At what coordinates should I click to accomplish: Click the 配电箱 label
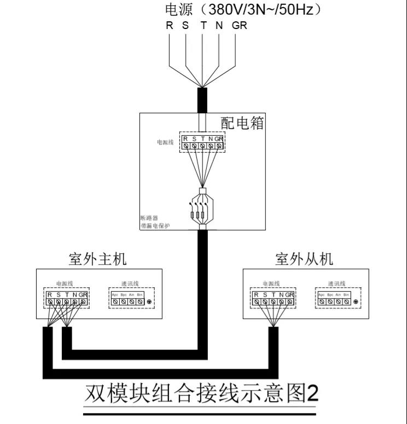pyautogui.click(x=242, y=123)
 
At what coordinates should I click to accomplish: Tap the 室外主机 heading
pyautogui.click(x=98, y=259)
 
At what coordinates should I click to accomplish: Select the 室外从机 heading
pyautogui.click(x=304, y=259)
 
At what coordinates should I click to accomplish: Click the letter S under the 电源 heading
pyautogui.click(x=185, y=25)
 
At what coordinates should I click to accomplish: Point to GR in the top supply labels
pyautogui.click(x=239, y=25)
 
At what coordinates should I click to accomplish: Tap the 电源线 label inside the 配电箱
pyautogui.click(x=165, y=142)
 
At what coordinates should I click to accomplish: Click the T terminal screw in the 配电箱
pyautogui.click(x=202, y=146)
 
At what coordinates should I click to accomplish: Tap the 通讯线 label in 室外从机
pyautogui.click(x=336, y=283)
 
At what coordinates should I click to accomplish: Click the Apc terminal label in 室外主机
pyautogui.click(x=115, y=294)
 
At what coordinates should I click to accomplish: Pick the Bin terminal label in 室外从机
pyautogui.click(x=346, y=294)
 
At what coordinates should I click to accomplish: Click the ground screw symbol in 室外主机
pyautogui.click(x=149, y=302)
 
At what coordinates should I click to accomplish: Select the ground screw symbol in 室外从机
pyautogui.click(x=356, y=302)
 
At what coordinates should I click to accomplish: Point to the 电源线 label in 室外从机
pyautogui.click(x=271, y=283)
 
